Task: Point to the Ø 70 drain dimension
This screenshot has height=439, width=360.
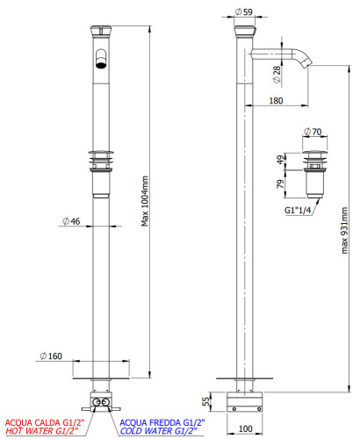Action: (x=313, y=132)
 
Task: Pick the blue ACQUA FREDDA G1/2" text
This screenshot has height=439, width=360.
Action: (x=159, y=421)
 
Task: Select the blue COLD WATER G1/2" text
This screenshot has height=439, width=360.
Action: (x=158, y=431)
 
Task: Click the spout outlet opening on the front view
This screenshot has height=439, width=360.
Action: (x=102, y=62)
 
